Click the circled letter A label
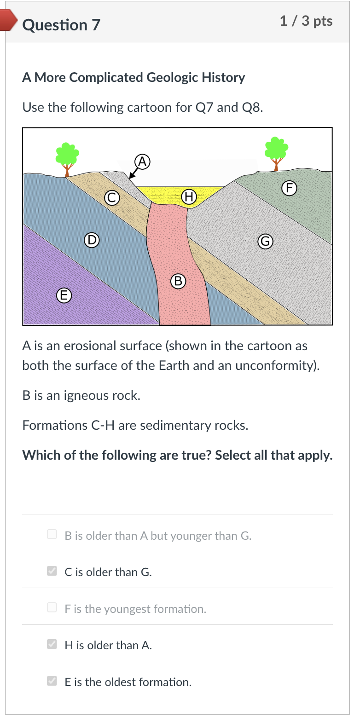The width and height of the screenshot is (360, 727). tap(142, 162)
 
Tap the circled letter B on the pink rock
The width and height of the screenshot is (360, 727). tap(178, 281)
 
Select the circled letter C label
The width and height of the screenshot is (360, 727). tap(111, 197)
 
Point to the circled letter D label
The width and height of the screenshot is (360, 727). tap(92, 240)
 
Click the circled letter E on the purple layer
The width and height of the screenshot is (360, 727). tap(64, 295)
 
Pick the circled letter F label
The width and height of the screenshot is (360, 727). tap(289, 188)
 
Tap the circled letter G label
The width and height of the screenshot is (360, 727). tap(265, 241)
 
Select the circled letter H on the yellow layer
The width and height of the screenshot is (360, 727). tap(189, 196)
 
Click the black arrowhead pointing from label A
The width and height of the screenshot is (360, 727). tap(131, 176)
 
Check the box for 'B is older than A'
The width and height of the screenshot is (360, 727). tap(52, 534)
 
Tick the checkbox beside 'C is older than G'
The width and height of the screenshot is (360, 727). tap(52, 571)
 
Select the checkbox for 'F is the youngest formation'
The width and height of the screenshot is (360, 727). tap(52, 607)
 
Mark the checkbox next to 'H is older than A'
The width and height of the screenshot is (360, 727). tap(52, 644)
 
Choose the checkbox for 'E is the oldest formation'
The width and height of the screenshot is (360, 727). tap(52, 681)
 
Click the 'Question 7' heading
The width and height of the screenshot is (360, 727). tap(61, 25)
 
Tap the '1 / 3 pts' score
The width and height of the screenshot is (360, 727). tap(306, 21)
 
